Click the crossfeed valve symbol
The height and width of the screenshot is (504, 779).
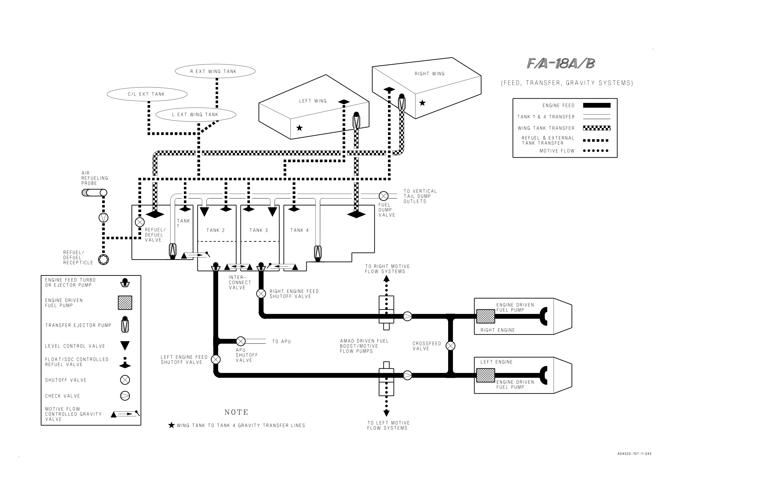[x=450, y=345]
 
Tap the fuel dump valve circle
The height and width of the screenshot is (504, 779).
[x=383, y=196]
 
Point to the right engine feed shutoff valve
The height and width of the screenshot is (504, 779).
[x=261, y=294]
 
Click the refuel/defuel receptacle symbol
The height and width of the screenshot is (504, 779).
[x=104, y=260]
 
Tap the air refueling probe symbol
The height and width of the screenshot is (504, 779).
[x=94, y=193]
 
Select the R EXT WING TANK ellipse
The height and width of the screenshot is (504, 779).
[x=215, y=71]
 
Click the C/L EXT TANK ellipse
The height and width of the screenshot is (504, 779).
[x=147, y=94]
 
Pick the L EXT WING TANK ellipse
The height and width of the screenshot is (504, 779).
[x=196, y=115]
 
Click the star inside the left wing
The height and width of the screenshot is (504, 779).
[x=299, y=128]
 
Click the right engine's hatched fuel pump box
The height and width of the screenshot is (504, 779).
[x=485, y=316]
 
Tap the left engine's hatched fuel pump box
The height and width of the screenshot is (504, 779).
[x=485, y=375]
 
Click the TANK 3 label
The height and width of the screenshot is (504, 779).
[x=258, y=230]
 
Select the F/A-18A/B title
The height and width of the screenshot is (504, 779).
[x=561, y=64]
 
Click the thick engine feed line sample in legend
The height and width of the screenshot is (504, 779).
[x=597, y=105]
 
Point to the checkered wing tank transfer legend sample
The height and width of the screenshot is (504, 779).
[x=597, y=128]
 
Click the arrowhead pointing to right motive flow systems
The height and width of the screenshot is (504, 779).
[x=386, y=279]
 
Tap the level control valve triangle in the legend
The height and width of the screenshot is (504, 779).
[x=125, y=345]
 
